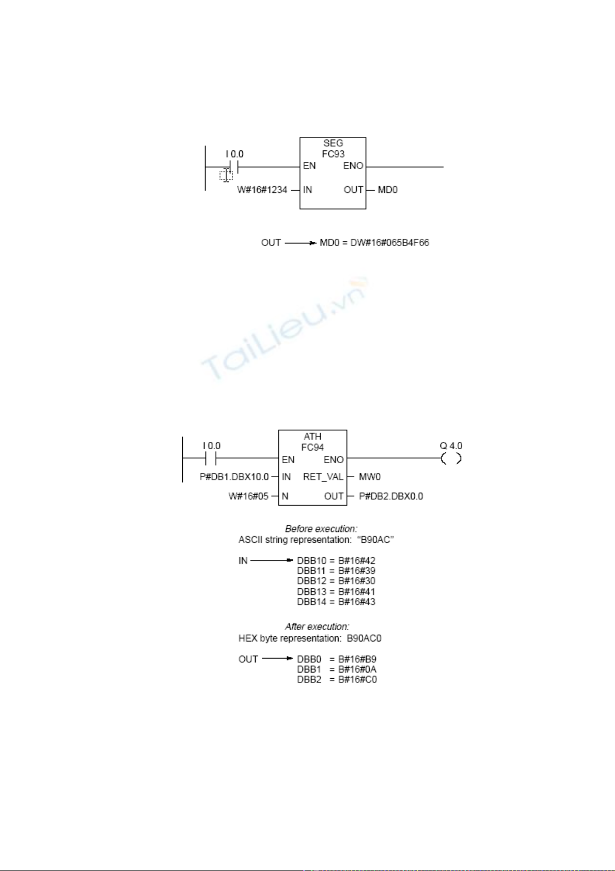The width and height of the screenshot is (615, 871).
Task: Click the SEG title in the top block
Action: click(333, 143)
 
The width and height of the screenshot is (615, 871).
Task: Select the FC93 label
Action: click(333, 154)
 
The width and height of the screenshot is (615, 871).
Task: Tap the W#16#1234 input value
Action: click(262, 190)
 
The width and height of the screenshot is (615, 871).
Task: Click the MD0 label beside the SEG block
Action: click(388, 190)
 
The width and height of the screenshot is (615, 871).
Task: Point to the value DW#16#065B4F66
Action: click(390, 242)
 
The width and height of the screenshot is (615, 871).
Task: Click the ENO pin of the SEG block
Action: click(353, 166)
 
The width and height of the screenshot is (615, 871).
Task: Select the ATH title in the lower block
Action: click(313, 436)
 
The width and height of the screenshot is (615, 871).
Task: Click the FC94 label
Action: click(312, 448)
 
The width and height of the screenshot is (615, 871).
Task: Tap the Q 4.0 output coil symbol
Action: click(451, 459)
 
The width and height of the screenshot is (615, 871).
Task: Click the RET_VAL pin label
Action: click(323, 477)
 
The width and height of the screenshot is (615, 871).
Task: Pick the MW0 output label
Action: click(370, 477)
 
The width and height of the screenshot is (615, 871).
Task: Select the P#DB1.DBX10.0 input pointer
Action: click(234, 477)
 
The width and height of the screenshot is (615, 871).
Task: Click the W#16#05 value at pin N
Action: click(249, 496)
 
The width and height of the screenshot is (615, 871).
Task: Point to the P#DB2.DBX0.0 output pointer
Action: click(391, 496)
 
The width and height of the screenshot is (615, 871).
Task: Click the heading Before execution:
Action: click(321, 529)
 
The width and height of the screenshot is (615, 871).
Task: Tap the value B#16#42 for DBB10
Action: click(357, 561)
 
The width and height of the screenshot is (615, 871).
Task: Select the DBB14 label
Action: click(311, 602)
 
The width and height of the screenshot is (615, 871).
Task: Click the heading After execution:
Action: click(317, 627)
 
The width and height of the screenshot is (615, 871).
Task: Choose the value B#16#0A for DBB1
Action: click(357, 669)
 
